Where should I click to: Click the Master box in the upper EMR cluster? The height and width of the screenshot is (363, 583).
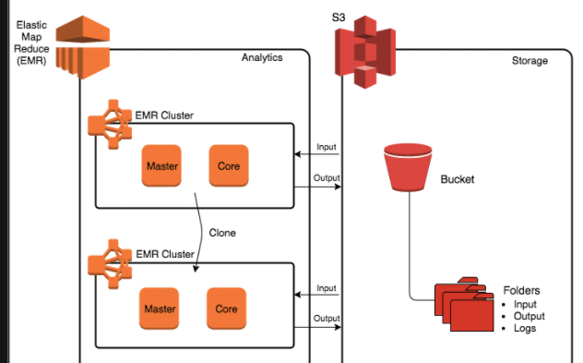(161, 165)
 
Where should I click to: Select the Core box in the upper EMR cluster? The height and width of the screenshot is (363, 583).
(229, 165)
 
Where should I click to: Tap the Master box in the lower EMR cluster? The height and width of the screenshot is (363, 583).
(160, 309)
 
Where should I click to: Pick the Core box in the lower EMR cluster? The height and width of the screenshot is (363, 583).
(226, 309)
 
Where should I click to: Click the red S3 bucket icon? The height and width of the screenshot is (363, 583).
(408, 167)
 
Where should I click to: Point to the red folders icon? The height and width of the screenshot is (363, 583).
(464, 304)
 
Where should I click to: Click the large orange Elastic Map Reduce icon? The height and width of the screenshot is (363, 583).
(83, 47)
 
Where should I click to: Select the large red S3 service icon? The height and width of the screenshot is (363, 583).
(365, 52)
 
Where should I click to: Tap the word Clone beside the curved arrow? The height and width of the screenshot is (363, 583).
(222, 233)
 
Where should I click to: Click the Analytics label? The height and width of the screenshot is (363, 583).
(262, 57)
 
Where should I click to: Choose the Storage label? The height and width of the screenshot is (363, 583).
(529, 61)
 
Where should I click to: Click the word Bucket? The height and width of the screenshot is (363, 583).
(458, 179)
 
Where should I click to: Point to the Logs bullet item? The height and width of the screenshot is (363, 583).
(525, 328)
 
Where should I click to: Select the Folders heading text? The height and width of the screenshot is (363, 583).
(521, 290)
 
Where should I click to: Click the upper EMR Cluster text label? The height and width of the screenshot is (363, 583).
(164, 115)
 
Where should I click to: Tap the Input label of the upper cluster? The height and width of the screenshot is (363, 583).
(327, 147)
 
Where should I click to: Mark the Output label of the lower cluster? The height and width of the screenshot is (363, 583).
(327, 319)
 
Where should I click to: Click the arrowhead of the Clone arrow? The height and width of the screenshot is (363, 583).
(196, 269)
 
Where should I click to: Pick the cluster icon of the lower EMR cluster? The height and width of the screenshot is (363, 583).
(110, 264)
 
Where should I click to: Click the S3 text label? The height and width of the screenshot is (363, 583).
(339, 18)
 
